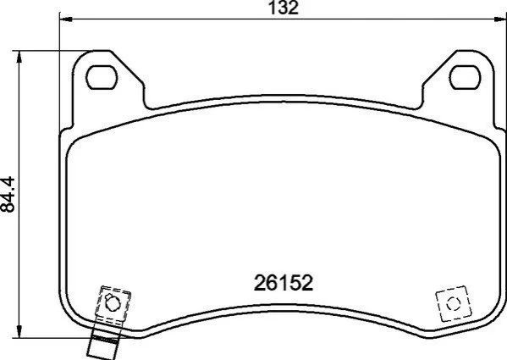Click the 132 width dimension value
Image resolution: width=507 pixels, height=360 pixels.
[x=284, y=8]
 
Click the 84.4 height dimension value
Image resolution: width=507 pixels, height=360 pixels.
[x=8, y=194]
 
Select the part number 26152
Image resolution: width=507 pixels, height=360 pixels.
[x=284, y=283]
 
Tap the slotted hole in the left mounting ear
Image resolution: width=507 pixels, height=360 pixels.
[x=102, y=77]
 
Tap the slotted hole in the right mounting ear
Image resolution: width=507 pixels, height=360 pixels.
[x=465, y=77]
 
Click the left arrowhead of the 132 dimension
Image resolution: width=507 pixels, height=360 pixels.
[x=66, y=19]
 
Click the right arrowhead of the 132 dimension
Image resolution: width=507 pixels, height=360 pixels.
[x=500, y=19]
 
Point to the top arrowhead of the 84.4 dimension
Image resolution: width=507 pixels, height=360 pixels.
[x=19, y=57]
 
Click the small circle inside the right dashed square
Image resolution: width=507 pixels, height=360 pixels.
[x=453, y=304]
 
